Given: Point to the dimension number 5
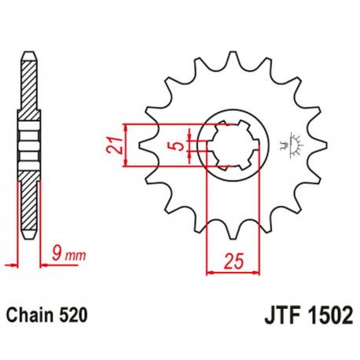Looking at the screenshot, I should click(178, 145).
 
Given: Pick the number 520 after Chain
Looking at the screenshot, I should click(75, 316).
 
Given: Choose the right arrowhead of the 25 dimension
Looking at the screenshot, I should click(259, 272).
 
